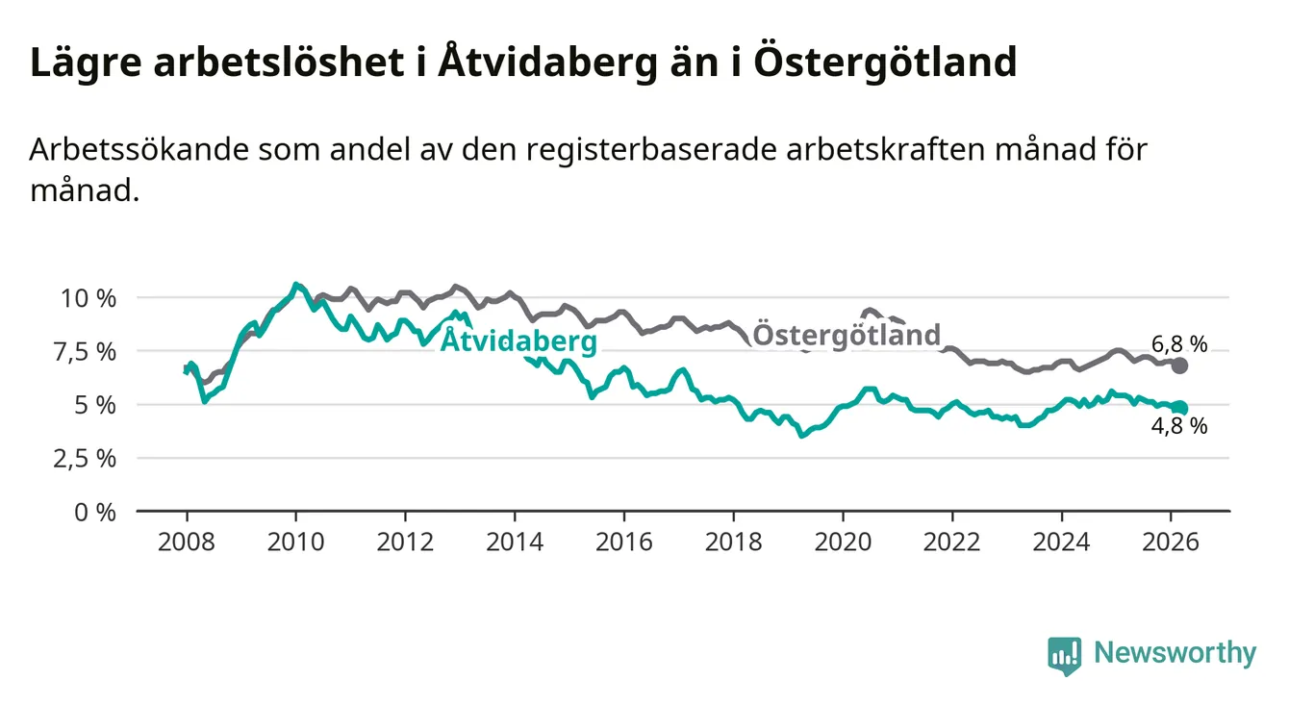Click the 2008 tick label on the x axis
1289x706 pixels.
[187, 541]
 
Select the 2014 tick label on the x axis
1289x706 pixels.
[515, 541]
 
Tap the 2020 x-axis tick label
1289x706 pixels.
[843, 541]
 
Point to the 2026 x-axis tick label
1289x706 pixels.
[1171, 541]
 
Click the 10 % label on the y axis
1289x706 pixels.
[88, 298]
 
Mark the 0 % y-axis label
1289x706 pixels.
[96, 512]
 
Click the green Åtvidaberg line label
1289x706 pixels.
[518, 341]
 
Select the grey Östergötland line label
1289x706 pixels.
[847, 335]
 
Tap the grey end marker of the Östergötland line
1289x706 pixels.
[1180, 366]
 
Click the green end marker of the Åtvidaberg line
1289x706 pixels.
[1180, 408]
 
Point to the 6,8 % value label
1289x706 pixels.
[1179, 343]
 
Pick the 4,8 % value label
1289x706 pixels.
[1179, 426]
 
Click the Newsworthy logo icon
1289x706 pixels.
[1064, 655]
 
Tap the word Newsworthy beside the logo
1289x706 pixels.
[1175, 654]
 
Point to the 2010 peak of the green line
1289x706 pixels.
[295, 285]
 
